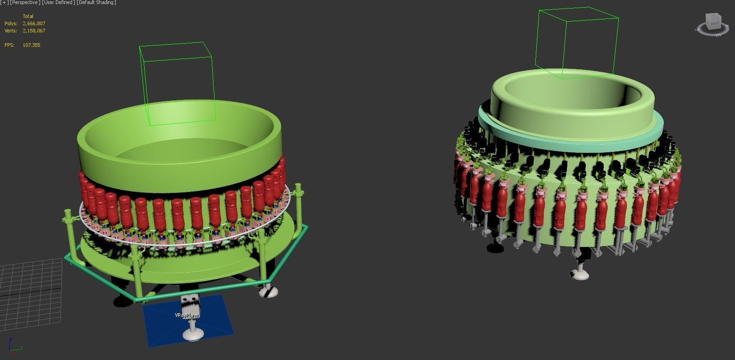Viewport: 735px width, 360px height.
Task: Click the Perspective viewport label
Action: tap(25, 3)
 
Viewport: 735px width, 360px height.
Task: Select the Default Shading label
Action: tap(96, 3)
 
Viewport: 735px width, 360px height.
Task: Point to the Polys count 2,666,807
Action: tap(34, 23)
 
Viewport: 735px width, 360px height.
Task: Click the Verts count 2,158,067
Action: tap(34, 31)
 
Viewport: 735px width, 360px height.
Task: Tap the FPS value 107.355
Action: tap(31, 45)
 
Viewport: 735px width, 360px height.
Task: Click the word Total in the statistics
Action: tap(28, 16)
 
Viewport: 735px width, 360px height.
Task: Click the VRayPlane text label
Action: tap(187, 315)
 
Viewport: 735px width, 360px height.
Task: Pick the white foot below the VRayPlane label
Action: tap(193, 334)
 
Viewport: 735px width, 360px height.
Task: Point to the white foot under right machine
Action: tap(580, 273)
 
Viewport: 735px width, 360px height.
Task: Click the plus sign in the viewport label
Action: tap(5, 3)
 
